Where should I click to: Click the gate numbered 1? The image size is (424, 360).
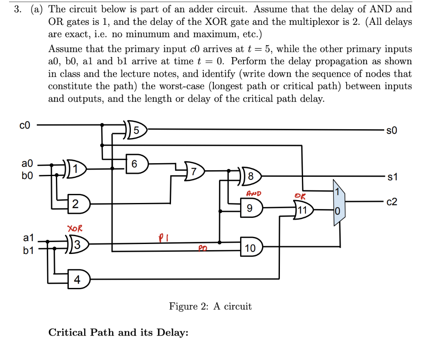(x=76, y=169)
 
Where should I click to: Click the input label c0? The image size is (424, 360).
(x=24, y=125)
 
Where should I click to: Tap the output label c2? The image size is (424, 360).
(x=391, y=202)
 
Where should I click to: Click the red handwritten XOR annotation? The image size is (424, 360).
(x=75, y=228)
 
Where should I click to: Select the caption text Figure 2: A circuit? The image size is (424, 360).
(x=210, y=306)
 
